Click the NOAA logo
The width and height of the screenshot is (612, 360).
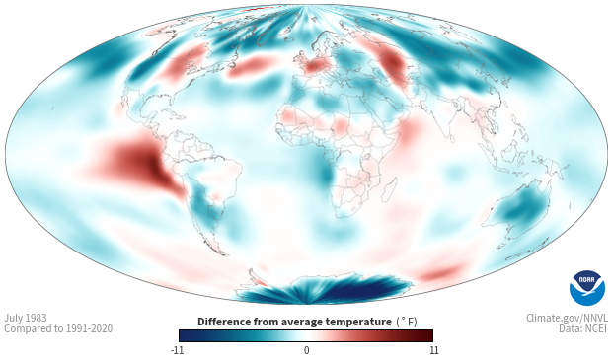point(587,288)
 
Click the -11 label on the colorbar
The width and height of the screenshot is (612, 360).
point(177,350)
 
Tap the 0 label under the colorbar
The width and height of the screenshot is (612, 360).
point(306,350)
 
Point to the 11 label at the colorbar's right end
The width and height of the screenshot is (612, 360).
point(433,350)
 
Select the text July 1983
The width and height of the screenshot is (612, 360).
point(26,318)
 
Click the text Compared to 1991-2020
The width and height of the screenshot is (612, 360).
point(58,328)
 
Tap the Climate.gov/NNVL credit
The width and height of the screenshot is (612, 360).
point(567,318)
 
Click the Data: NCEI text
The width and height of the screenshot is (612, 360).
point(583,328)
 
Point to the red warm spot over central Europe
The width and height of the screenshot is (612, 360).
point(315,65)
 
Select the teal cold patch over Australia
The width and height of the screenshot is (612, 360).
point(521,209)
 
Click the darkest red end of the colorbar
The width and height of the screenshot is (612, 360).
point(427,335)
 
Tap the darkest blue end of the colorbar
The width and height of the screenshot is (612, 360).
point(186,335)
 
